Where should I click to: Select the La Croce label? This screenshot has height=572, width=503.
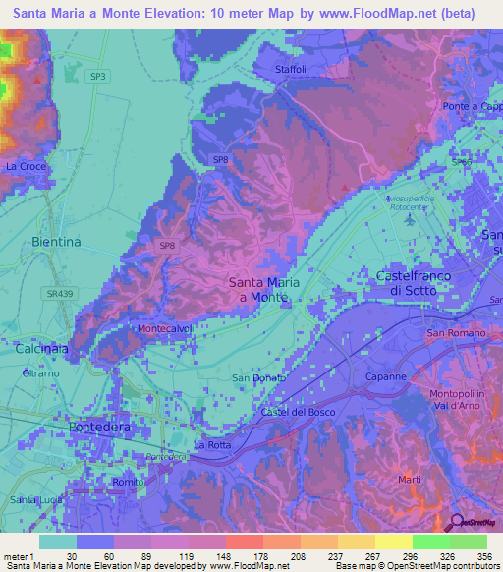pos(26,167)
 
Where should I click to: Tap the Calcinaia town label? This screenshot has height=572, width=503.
pos(40,349)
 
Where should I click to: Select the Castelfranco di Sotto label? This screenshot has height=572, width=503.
pos(414,284)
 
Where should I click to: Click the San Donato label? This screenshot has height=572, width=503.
pos(258,378)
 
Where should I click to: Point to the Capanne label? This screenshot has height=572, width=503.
pos(386,376)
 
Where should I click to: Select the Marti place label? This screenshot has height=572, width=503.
pos(411,479)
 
